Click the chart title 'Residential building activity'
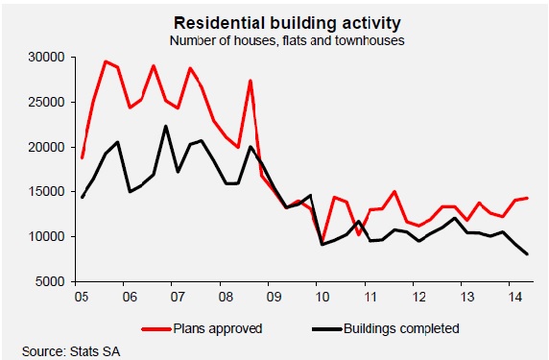coord(274,21)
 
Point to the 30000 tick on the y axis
coord(43,58)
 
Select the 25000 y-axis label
coord(43,102)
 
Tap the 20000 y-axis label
coord(43,147)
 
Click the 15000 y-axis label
coord(43,191)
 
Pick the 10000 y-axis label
coord(43,236)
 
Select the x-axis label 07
coord(173,297)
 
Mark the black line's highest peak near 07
coord(166,126)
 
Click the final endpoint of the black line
coord(527,254)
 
